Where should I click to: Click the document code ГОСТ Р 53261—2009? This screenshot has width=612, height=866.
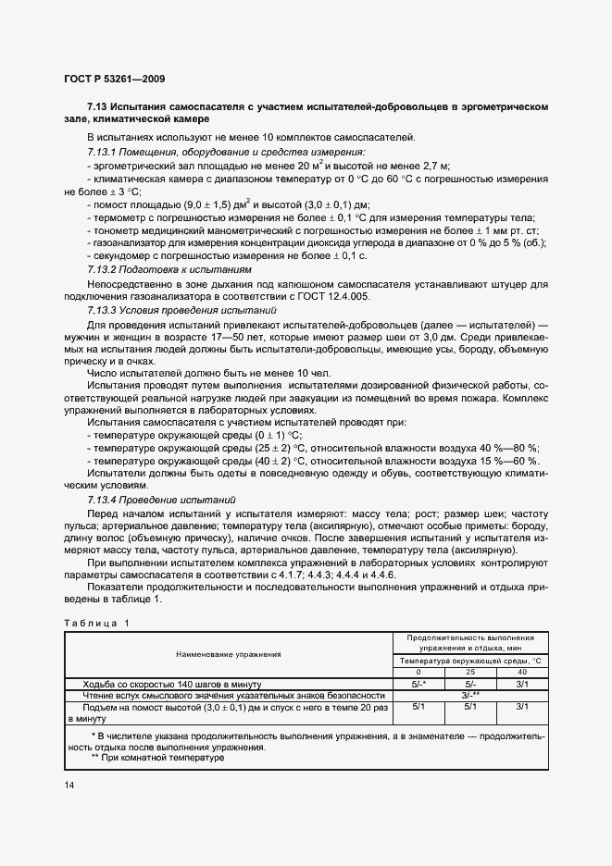[114, 80]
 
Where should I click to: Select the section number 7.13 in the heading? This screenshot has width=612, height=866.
[99, 107]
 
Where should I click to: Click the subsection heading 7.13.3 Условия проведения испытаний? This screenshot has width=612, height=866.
[181, 311]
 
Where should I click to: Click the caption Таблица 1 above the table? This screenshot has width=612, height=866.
[97, 623]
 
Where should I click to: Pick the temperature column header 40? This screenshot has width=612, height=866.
[522, 673]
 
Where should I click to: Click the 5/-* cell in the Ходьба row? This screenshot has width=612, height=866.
[418, 684]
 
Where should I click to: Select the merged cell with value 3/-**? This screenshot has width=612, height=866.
[470, 695]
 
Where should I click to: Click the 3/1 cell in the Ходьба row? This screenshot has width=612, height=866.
[522, 684]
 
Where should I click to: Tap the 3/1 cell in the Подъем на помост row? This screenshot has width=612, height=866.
[522, 706]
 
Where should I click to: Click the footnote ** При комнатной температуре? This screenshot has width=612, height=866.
[158, 758]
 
